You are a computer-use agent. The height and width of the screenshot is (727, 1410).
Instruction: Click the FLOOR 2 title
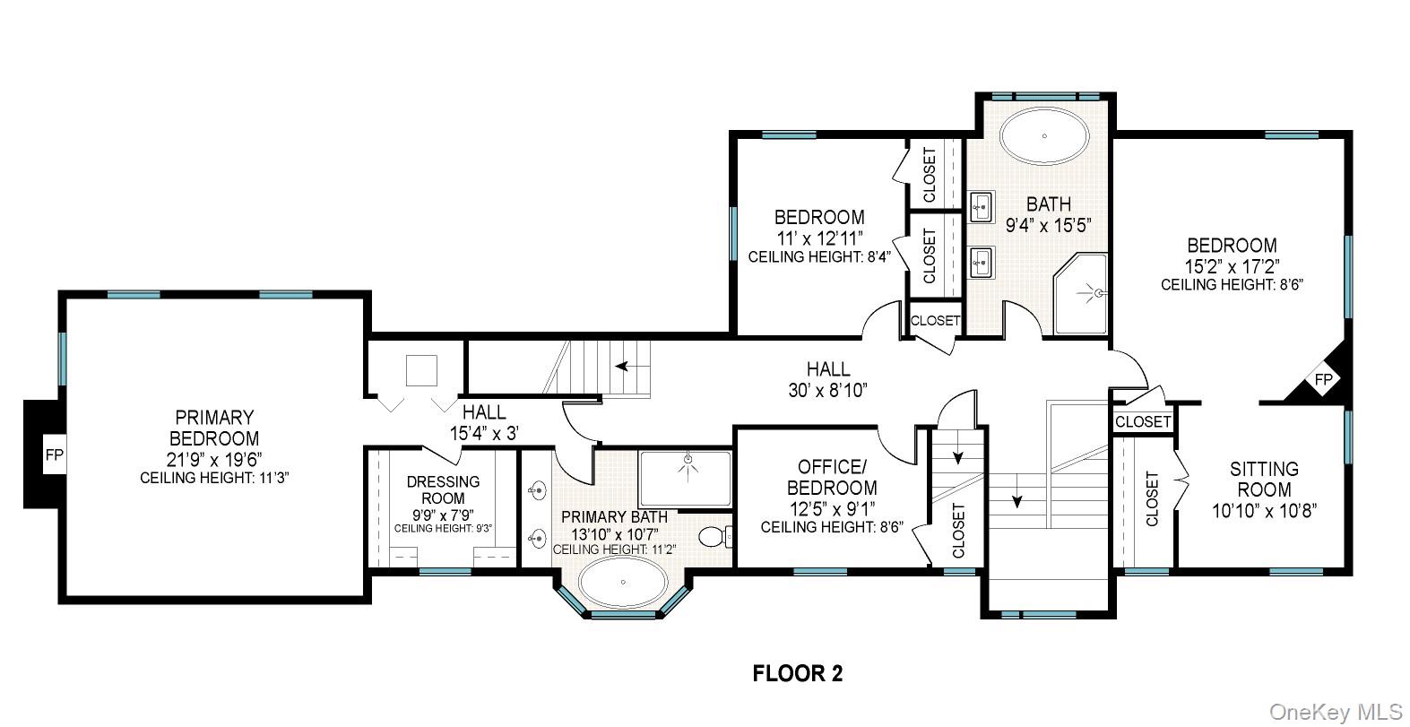click(797, 673)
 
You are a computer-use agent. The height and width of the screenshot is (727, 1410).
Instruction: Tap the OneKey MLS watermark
click(1336, 712)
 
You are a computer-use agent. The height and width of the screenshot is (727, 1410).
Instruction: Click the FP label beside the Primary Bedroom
click(55, 454)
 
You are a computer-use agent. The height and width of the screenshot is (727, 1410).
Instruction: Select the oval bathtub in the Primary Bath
click(623, 583)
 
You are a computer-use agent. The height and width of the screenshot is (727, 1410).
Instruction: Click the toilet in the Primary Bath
click(715, 537)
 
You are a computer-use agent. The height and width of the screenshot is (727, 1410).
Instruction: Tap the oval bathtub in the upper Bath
click(1044, 136)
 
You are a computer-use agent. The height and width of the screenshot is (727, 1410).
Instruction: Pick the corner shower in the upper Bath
click(1081, 293)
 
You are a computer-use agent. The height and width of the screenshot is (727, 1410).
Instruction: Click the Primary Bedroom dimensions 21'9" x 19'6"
click(214, 460)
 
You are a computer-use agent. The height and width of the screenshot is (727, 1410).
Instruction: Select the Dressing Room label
click(443, 489)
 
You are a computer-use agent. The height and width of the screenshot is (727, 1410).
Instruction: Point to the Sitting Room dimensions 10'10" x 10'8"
click(1265, 510)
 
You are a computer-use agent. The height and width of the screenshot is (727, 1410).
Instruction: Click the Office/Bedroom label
click(832, 477)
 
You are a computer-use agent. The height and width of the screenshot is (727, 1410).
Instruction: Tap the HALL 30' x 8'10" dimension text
click(827, 390)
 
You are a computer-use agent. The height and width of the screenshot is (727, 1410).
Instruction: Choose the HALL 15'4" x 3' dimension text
click(484, 433)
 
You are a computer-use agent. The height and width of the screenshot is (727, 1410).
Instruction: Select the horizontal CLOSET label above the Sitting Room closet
click(1143, 421)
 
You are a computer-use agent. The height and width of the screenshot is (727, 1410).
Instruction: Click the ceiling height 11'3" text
click(214, 479)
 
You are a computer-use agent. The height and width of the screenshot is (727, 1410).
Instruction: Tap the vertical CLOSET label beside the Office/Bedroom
click(958, 530)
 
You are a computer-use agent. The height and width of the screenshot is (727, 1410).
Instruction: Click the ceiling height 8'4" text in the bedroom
click(819, 256)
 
